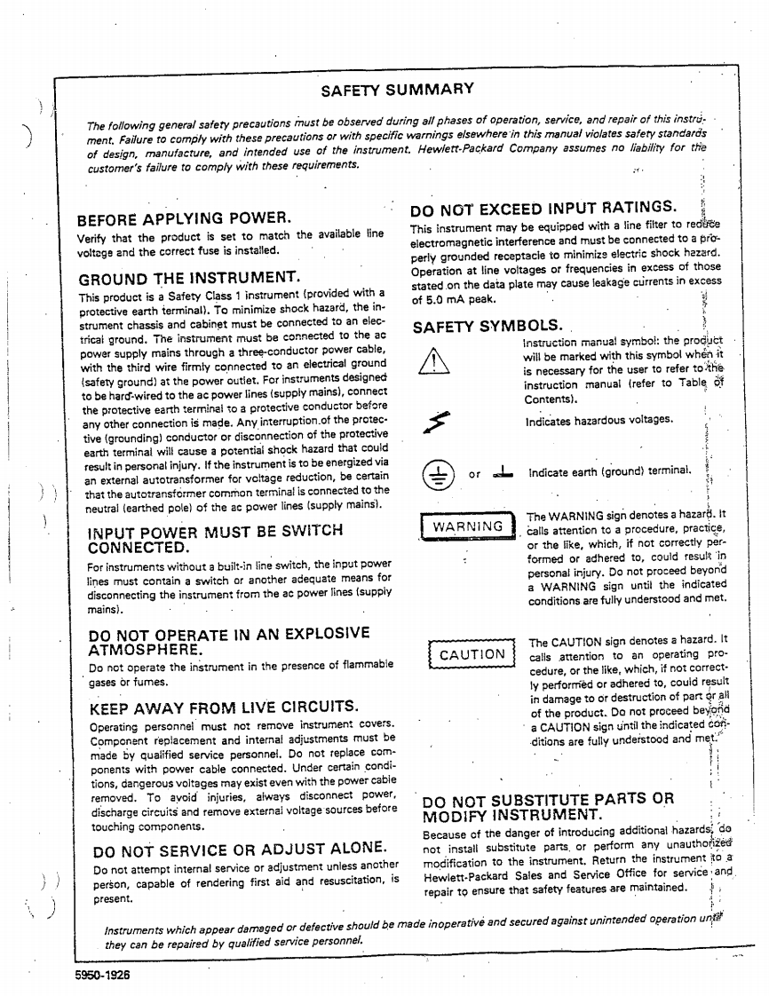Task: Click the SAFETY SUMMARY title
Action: pyautogui.click(x=397, y=89)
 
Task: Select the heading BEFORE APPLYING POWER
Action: pyautogui.click(x=185, y=218)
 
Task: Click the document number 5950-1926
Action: pyautogui.click(x=103, y=974)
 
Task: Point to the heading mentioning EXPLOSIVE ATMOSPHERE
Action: pyautogui.click(x=229, y=640)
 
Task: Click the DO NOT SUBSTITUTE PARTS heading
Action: pyautogui.click(x=548, y=806)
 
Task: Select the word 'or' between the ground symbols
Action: pyautogui.click(x=475, y=475)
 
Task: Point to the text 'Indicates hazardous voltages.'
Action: pyautogui.click(x=599, y=421)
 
